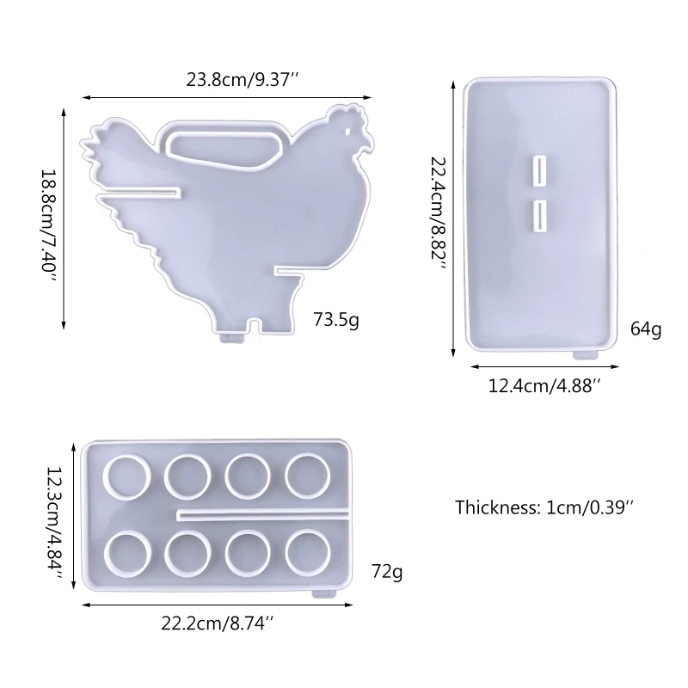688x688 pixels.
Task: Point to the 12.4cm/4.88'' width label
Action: pyautogui.click(x=544, y=386)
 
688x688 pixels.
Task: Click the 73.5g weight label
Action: pyautogui.click(x=337, y=322)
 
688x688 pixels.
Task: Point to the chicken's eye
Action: pyautogui.click(x=348, y=132)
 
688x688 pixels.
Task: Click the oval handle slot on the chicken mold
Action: pyautogui.click(x=224, y=146)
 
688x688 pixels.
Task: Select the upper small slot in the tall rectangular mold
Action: pyautogui.click(x=540, y=169)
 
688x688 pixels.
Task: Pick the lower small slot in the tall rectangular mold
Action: pyautogui.click(x=540, y=215)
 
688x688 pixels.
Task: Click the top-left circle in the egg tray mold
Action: pyautogui.click(x=126, y=474)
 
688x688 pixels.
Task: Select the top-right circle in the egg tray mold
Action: pyautogui.click(x=308, y=474)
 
